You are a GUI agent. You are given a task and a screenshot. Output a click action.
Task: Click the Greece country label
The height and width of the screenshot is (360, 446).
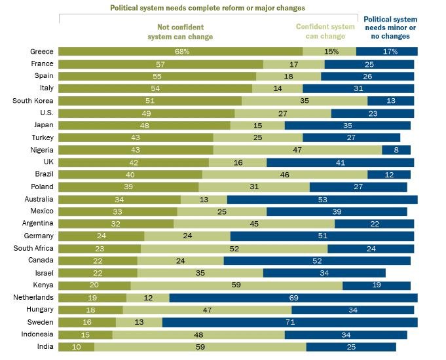click(42, 51)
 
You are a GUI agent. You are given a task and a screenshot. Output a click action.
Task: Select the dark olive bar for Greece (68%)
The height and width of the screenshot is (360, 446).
click(181, 51)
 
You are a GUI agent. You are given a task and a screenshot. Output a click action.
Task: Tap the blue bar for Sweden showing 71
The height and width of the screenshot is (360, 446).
click(289, 322)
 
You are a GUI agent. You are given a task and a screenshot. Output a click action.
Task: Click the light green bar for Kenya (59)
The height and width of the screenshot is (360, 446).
click(236, 285)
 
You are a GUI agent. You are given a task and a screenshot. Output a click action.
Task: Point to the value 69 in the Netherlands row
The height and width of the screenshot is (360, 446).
click(293, 297)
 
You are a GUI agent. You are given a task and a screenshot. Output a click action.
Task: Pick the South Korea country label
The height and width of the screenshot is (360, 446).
click(33, 101)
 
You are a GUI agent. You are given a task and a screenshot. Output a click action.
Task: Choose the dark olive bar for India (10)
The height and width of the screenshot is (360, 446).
click(77, 347)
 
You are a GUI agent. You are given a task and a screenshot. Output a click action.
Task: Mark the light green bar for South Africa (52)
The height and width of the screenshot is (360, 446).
click(234, 248)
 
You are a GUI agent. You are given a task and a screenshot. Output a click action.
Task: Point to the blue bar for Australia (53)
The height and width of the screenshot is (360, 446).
click(322, 199)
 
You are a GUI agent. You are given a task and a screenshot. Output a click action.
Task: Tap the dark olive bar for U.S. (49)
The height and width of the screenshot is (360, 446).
click(147, 113)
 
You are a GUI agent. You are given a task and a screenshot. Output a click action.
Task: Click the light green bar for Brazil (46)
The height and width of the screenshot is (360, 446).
click(285, 175)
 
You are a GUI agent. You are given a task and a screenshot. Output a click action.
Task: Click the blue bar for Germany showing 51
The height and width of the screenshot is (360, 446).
click(322, 236)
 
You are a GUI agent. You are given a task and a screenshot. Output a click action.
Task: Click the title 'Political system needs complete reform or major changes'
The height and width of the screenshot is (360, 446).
click(208, 8)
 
